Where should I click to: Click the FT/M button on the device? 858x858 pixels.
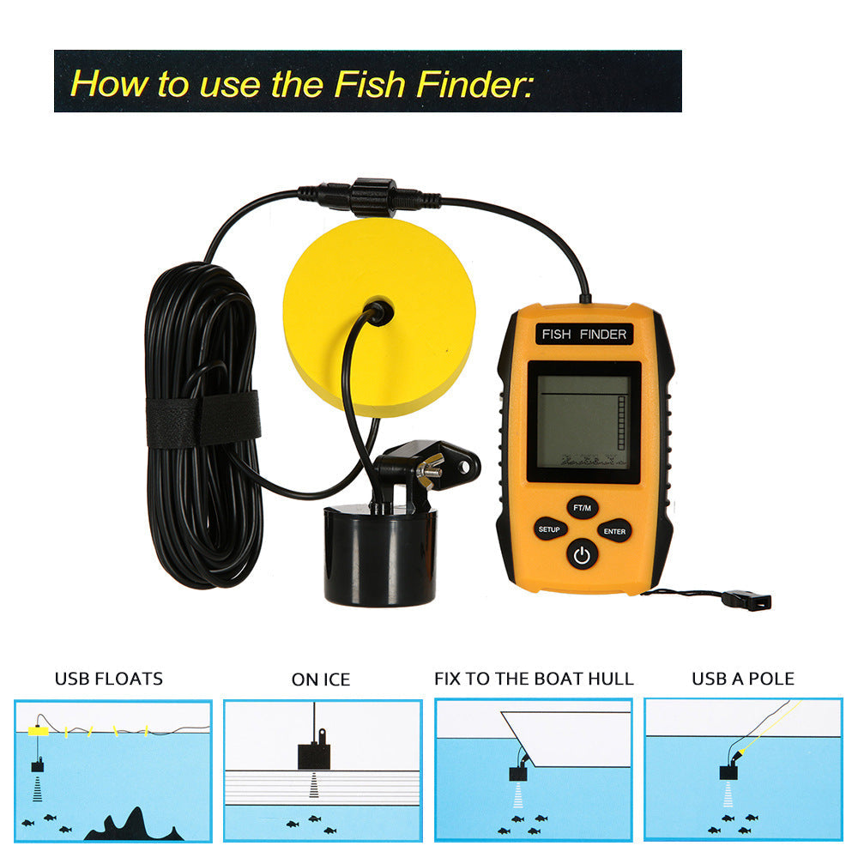point(582,508)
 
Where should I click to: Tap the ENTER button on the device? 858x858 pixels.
point(614,531)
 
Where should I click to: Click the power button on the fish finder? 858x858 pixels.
point(582,555)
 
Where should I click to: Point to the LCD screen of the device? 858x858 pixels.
point(583,421)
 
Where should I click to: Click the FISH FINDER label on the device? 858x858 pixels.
point(584,334)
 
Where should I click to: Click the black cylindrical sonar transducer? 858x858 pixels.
point(380,554)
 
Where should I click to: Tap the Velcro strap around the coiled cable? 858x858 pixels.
point(202,420)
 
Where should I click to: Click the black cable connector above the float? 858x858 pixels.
point(371,196)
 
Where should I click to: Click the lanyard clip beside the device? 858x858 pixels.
point(746,601)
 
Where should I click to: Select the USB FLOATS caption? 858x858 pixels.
point(108,680)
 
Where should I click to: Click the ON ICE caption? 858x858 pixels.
point(321,680)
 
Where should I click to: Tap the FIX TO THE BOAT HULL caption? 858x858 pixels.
point(534,679)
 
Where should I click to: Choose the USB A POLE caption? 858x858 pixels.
point(743,679)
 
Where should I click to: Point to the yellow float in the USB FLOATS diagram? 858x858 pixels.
point(39,730)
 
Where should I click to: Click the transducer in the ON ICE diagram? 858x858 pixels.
point(314,755)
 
